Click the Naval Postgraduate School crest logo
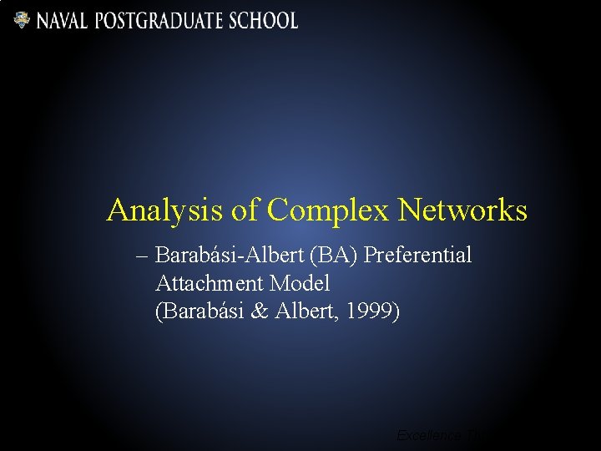tap(22, 20)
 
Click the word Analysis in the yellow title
tap(164, 210)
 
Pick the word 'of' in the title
tap(245, 210)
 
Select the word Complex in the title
tap(328, 210)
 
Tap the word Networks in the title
tap(462, 210)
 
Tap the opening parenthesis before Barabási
tap(159, 312)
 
